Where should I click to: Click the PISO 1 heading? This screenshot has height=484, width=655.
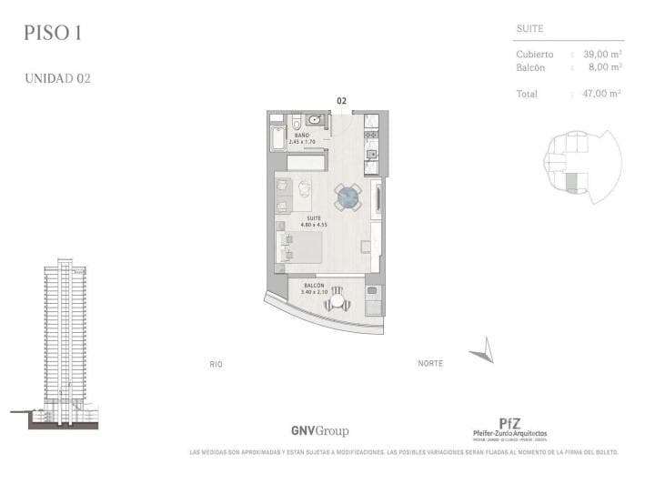(x=52, y=35)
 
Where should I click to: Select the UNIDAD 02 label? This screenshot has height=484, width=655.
(x=57, y=78)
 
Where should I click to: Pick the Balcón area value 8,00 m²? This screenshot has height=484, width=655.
(x=605, y=66)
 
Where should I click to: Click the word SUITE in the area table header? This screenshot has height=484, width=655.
(x=529, y=29)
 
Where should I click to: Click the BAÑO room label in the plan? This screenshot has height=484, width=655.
(x=301, y=136)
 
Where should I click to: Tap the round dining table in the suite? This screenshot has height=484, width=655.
(x=348, y=196)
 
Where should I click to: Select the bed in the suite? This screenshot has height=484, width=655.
(x=299, y=247)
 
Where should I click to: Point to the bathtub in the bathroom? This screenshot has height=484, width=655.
(x=277, y=138)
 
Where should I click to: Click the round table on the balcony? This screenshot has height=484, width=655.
(x=337, y=301)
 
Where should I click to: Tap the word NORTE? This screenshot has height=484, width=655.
(x=430, y=364)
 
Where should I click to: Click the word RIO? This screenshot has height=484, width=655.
(x=216, y=364)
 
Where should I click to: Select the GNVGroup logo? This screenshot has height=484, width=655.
(x=319, y=431)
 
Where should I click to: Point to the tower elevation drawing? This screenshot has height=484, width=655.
(x=65, y=341)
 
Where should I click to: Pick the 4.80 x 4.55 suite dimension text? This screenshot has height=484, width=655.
(x=315, y=225)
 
